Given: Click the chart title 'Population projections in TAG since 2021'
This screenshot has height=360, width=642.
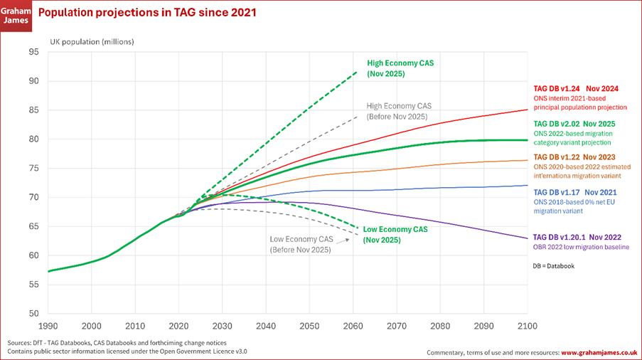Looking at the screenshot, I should click(147, 13).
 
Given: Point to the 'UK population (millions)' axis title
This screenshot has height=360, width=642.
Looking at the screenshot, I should click(92, 41).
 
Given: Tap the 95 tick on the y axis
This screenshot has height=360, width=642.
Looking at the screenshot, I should click(34, 52).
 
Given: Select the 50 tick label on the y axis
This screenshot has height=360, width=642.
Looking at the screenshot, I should click(34, 314).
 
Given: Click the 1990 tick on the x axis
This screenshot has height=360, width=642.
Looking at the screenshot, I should click(48, 326).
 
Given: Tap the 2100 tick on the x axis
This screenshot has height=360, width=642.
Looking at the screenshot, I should click(527, 326).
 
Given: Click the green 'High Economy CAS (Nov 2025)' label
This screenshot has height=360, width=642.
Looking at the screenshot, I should click(400, 68).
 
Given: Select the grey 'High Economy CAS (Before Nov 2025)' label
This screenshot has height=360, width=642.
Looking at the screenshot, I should click(398, 111).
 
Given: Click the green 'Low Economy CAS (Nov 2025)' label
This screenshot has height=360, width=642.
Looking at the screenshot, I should click(395, 235).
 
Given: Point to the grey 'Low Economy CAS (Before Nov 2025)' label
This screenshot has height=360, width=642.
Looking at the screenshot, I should click(301, 244).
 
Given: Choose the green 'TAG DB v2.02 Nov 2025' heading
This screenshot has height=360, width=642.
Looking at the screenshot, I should click(575, 123).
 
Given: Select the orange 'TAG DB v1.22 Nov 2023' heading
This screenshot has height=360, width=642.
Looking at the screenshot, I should click(575, 157).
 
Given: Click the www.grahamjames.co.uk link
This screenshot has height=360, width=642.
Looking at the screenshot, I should click(598, 352).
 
